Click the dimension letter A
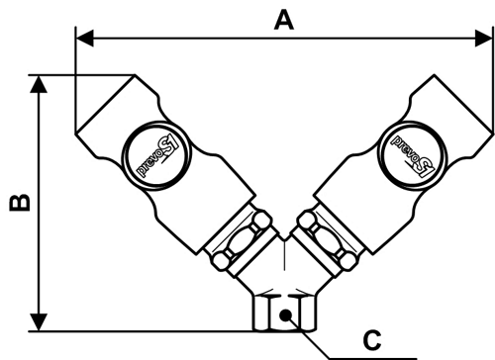pos(284,21)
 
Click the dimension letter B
pos(20,203)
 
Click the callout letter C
pos(372,340)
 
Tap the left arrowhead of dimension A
pos(84,39)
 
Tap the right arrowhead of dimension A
pos(484,39)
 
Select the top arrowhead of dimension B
pos(39,84)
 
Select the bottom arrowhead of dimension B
pos(39,322)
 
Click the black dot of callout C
pos(285,315)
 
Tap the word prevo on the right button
pos(403,146)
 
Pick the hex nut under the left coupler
pos(242,240)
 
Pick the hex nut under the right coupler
pos(327,240)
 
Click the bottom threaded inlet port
pos(284,313)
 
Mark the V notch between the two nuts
pos(284,236)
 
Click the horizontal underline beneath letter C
pos(373,358)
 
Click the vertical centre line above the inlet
pos(284,254)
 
